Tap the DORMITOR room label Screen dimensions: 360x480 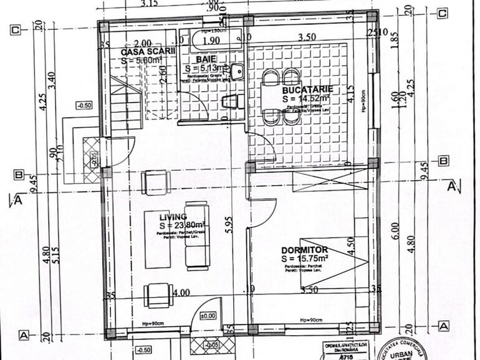pyautogui.click(x=305, y=249)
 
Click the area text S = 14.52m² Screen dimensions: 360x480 pyautogui.click(x=305, y=98)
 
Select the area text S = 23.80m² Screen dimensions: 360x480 pyautogui.click(x=183, y=225)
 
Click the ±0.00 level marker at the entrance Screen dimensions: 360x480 pyautogui.click(x=208, y=316)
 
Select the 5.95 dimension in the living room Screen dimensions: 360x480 pyautogui.click(x=231, y=229)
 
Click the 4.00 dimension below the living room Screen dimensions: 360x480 pyautogui.click(x=181, y=292)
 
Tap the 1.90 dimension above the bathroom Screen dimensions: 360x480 pyautogui.click(x=211, y=40)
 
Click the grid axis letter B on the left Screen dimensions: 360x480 pyautogui.click(x=19, y=175)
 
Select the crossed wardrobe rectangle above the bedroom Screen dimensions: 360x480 pyautogui.click(x=315, y=182)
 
